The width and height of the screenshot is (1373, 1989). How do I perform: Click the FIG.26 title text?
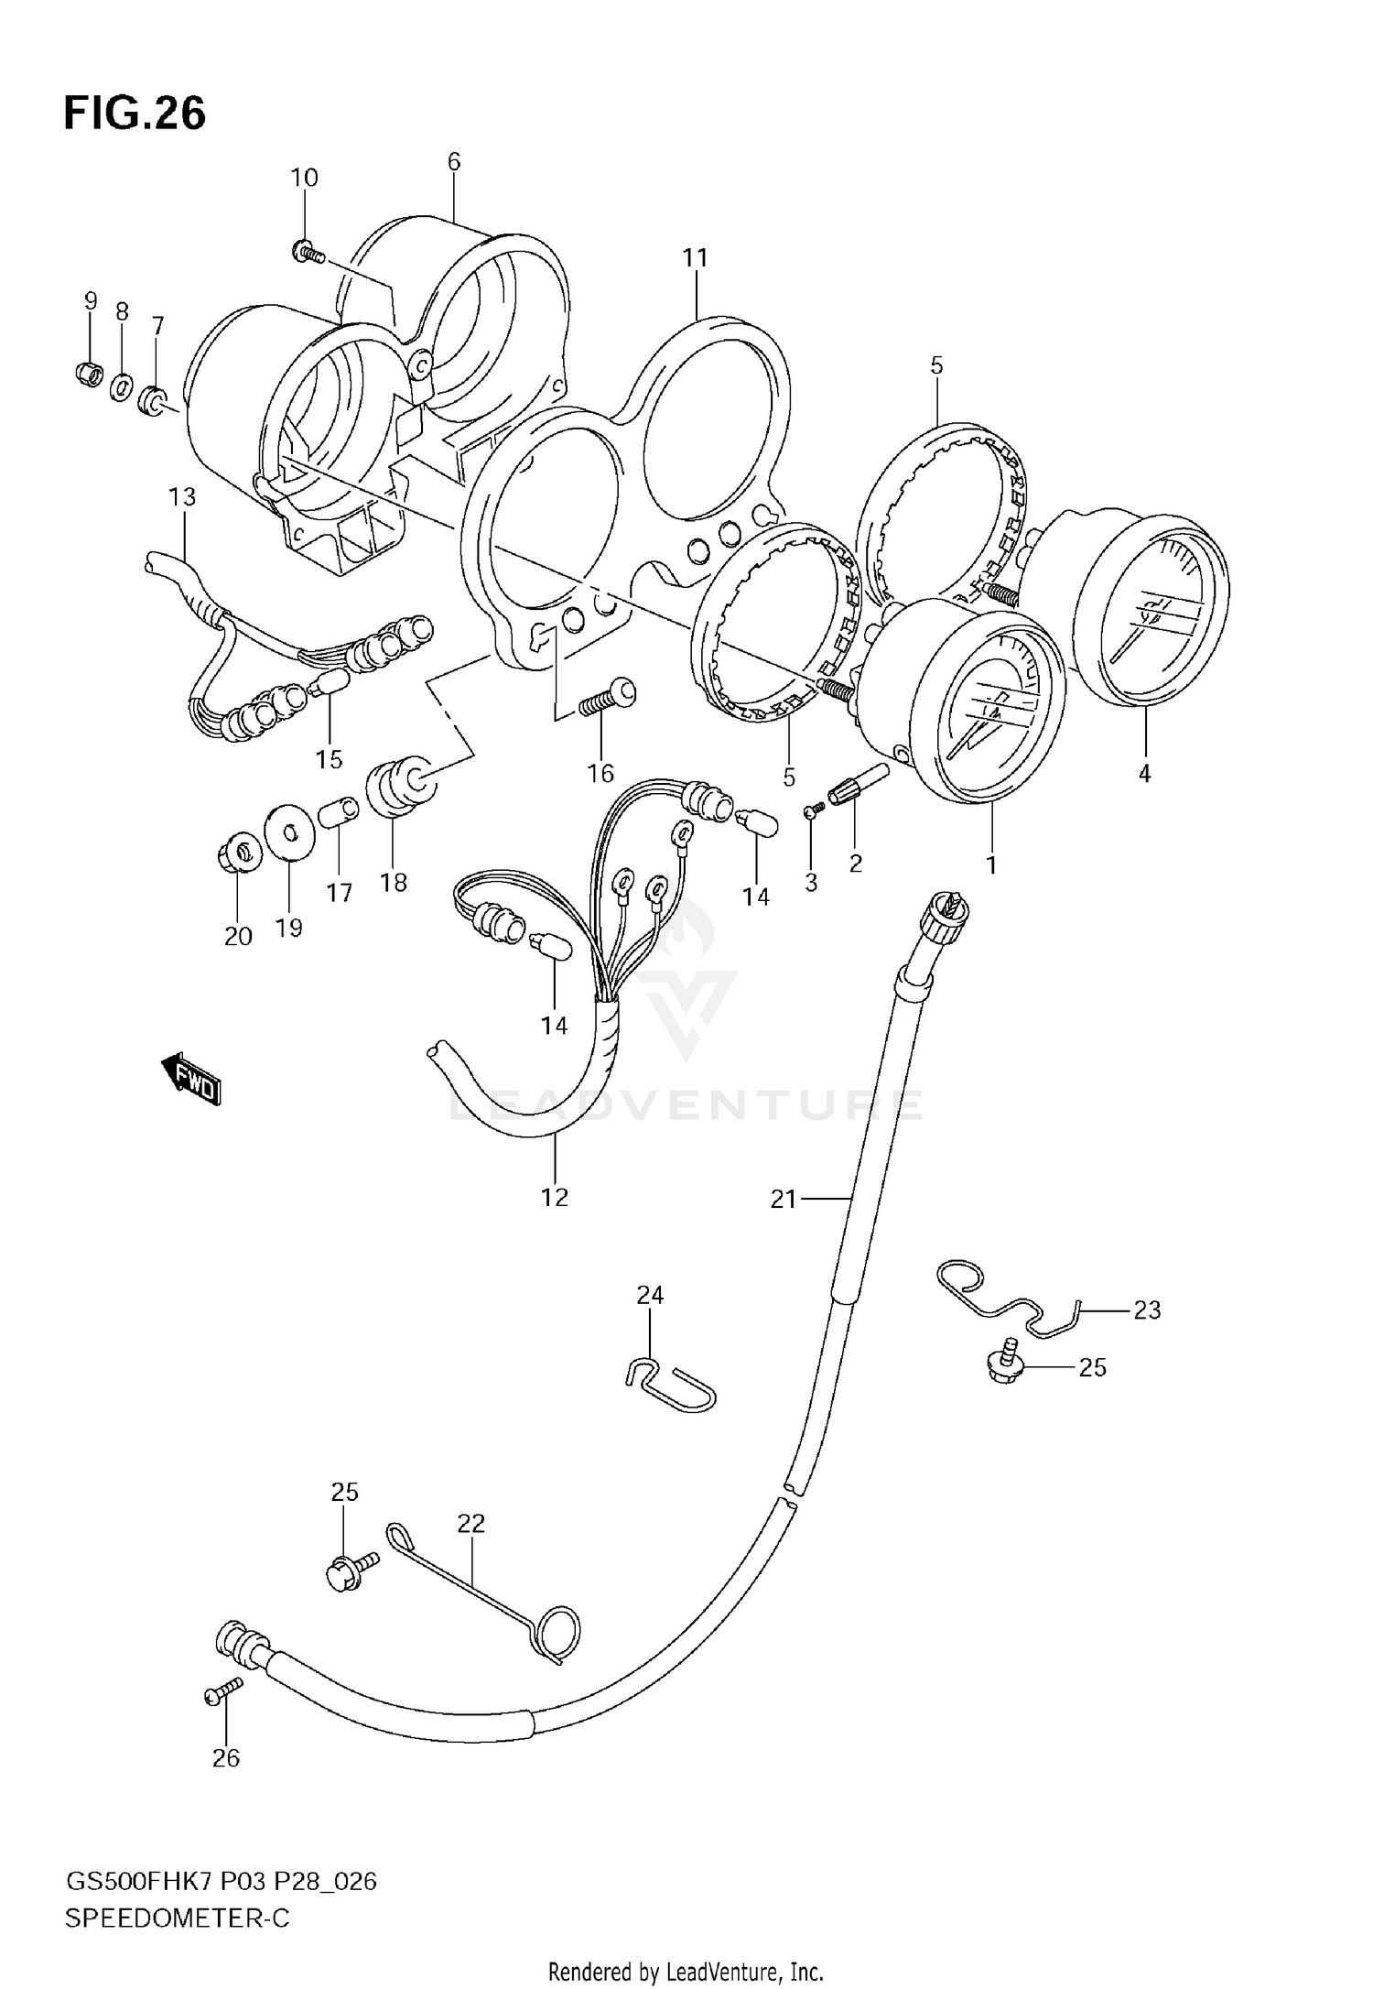(x=135, y=114)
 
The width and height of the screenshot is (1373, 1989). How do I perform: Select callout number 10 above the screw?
(x=304, y=178)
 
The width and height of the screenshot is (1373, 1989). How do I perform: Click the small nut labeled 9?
(x=88, y=374)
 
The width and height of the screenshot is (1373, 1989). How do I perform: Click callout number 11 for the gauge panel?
(x=696, y=258)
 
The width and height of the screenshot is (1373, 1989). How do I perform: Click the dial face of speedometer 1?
(x=990, y=715)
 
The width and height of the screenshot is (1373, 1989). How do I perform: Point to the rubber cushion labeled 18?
(x=397, y=785)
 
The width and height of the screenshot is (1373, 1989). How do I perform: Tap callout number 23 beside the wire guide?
(x=1146, y=1310)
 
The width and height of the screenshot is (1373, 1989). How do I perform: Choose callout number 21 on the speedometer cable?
(x=784, y=1199)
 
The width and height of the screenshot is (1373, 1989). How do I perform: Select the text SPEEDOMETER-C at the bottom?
(x=177, y=1918)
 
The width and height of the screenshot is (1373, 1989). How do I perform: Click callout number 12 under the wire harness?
(x=555, y=1197)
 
